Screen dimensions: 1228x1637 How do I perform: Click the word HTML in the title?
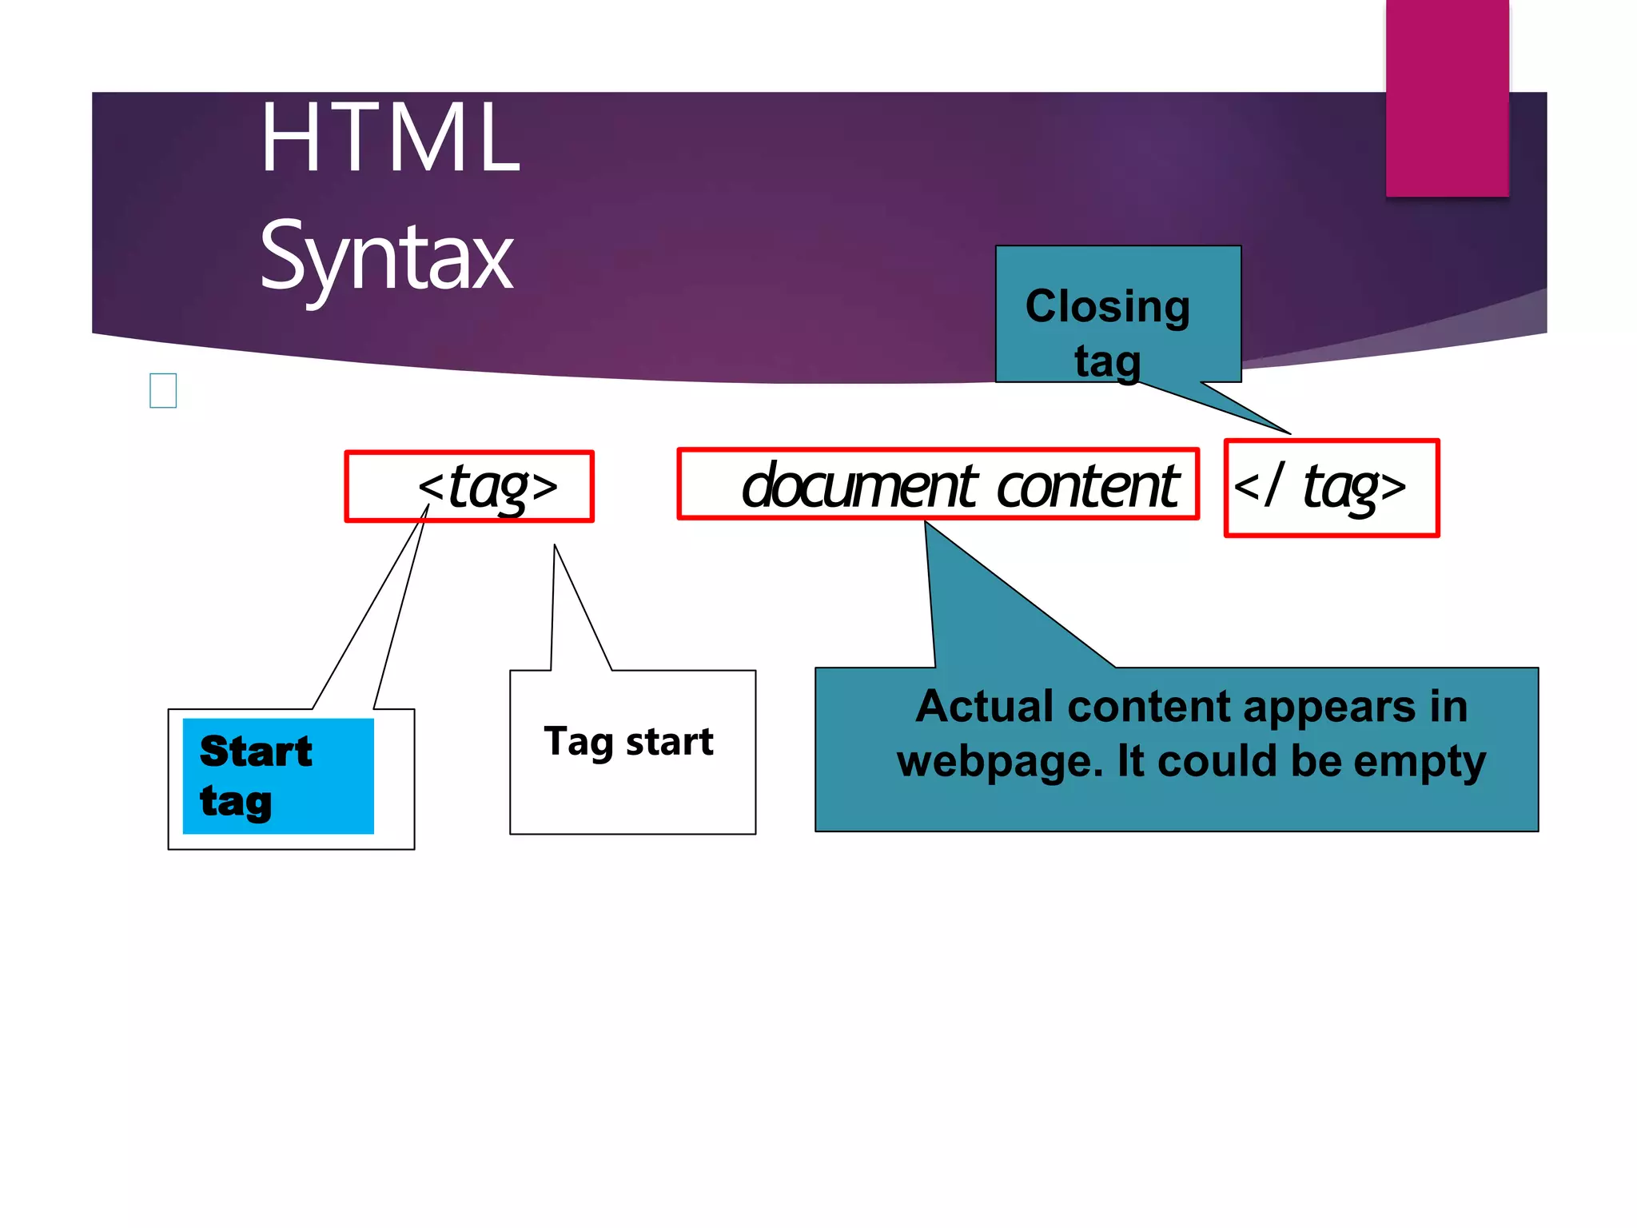coord(390,138)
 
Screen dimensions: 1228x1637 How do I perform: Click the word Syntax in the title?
coord(386,256)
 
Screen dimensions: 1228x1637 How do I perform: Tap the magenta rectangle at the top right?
coord(1447,98)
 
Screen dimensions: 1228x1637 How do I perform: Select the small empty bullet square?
coord(163,391)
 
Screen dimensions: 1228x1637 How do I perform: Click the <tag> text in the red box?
coord(488,486)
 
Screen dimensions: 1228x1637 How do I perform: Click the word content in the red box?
coord(1089,485)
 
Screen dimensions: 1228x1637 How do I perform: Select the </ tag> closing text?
coord(1320,486)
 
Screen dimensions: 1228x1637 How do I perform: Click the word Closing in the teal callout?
coord(1108,306)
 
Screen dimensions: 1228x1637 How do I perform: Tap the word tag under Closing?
coord(1108,361)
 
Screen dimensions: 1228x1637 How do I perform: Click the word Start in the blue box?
coord(256,751)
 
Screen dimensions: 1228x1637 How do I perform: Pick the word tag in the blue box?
coord(236,801)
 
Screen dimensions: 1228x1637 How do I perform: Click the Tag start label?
coord(628,741)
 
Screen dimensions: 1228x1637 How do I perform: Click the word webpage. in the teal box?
coord(999,761)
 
